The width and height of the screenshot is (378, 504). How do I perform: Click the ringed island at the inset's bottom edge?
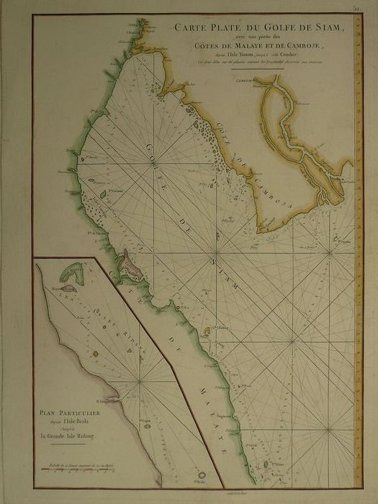click(x=201, y=475)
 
